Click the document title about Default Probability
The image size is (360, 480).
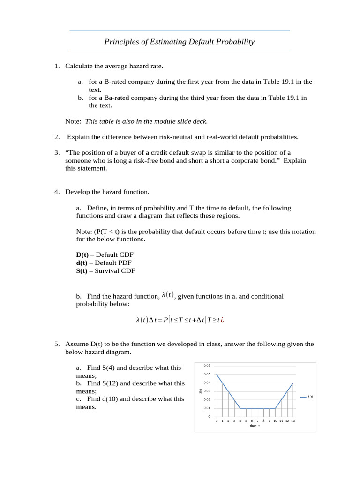tap(179, 42)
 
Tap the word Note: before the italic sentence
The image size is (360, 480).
tap(73, 121)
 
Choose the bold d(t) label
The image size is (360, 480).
tap(82, 262)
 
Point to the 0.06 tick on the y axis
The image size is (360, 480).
tap(207, 366)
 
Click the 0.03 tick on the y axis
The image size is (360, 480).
tap(207, 391)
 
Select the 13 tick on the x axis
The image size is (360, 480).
tap(293, 421)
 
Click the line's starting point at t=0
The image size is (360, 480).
tap(217, 374)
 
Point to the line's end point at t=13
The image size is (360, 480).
tap(293, 383)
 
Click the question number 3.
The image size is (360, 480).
tap(57, 153)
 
